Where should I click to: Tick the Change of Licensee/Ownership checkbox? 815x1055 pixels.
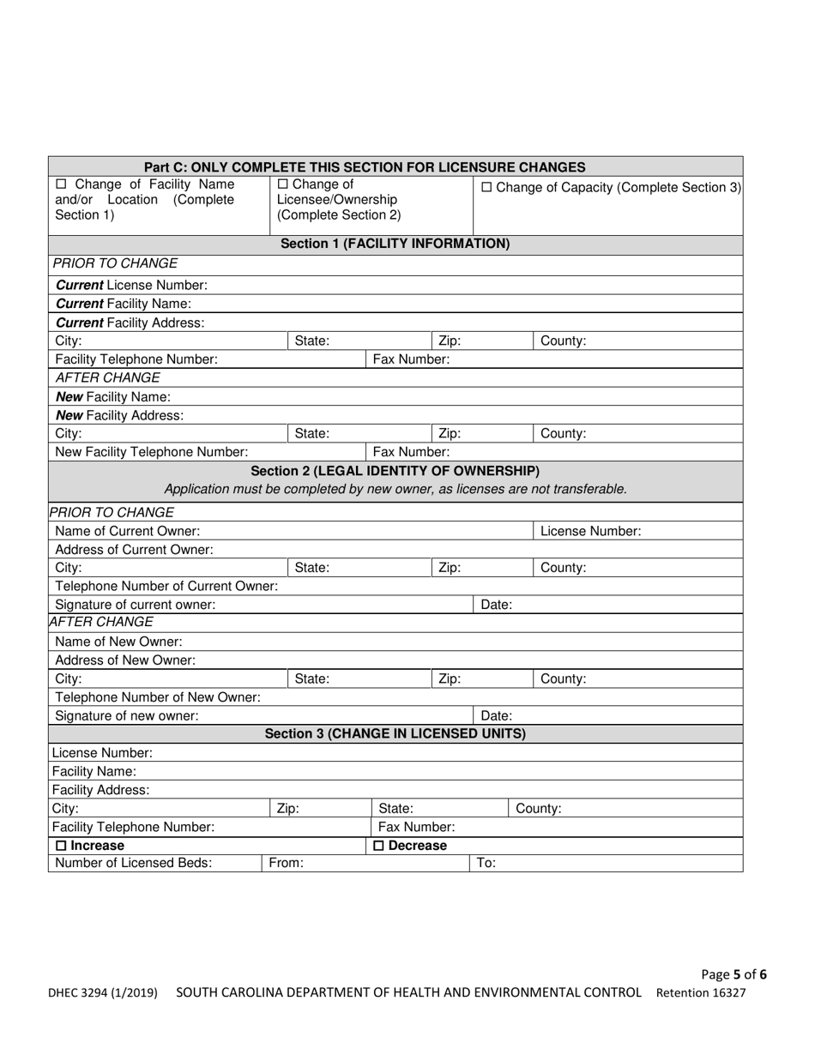tap(283, 184)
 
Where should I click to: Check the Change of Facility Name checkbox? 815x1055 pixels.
tap(61, 184)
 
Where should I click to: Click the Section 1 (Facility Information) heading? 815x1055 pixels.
tap(395, 244)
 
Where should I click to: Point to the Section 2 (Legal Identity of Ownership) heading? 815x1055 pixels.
tap(395, 471)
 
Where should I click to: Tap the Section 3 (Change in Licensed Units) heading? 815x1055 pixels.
tap(395, 733)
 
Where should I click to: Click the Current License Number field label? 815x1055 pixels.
tap(130, 286)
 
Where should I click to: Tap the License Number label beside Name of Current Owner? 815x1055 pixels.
tap(590, 531)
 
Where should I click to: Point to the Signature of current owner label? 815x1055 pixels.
tap(135, 604)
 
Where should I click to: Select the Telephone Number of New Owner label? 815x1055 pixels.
tap(158, 697)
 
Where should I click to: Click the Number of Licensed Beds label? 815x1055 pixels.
tap(133, 864)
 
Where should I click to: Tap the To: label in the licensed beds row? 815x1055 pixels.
tap(486, 864)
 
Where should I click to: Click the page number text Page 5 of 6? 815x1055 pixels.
tap(733, 974)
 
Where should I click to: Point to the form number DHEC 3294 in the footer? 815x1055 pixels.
tap(102, 993)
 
